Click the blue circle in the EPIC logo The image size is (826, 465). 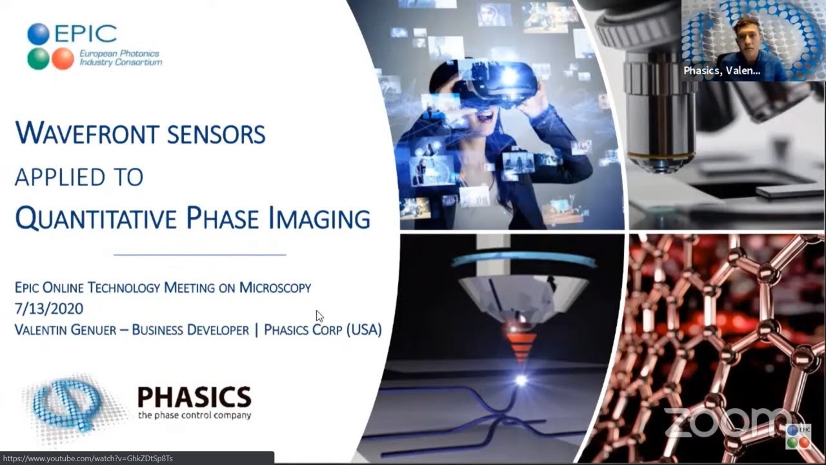coord(38,34)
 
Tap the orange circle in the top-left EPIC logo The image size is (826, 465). coord(63,58)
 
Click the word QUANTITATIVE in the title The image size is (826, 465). coord(97,218)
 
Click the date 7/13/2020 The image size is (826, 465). coord(48,309)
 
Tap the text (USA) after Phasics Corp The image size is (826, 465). coord(364,329)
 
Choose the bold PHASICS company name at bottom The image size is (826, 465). coord(194,397)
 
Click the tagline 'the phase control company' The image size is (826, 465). coord(194,415)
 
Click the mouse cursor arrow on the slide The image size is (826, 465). coord(319,316)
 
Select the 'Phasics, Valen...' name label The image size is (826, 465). coord(722,71)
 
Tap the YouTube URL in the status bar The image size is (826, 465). coord(88,459)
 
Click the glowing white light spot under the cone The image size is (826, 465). coord(520,380)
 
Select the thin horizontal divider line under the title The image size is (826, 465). coord(199,254)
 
